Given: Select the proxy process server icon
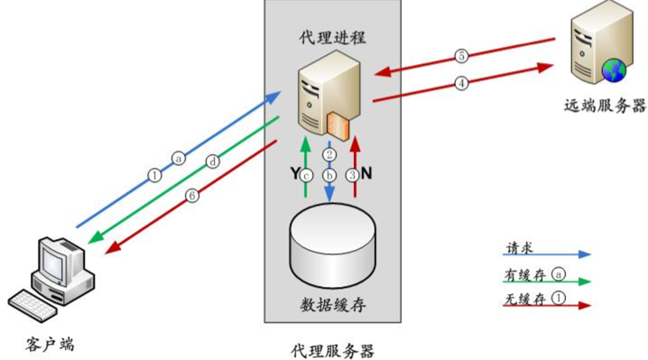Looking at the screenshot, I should coord(328,100).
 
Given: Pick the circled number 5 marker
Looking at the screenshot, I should coord(461,56).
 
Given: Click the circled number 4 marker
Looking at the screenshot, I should coord(461,83).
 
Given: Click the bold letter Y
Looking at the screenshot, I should coord(295,171).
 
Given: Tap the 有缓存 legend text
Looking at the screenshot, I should coord(521,273).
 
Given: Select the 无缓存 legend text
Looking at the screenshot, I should coord(521,299).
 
